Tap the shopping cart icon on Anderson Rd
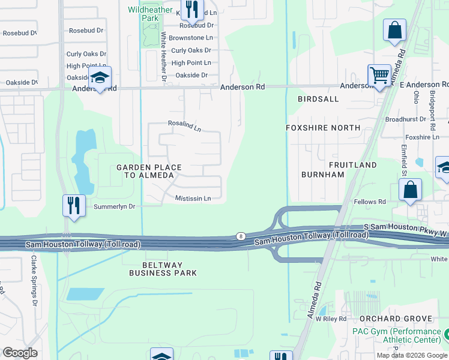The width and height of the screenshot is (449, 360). pos(379,76)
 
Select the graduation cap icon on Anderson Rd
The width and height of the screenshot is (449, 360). pos(100,77)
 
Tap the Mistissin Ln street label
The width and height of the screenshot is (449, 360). pos(193,199)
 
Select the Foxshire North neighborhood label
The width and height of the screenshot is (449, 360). pos(323,128)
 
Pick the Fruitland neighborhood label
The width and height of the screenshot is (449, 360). pos(352,164)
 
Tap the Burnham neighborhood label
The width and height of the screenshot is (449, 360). pos(324,175)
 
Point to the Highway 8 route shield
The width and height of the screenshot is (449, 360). pos(240,236)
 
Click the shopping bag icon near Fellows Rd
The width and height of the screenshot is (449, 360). pos(411,191)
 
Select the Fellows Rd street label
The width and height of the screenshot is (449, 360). pos(369,202)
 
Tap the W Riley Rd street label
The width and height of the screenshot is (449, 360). pos(331,319)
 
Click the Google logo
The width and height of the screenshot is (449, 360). pos(20,353)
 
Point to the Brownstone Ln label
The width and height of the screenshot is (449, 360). pos(190,38)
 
